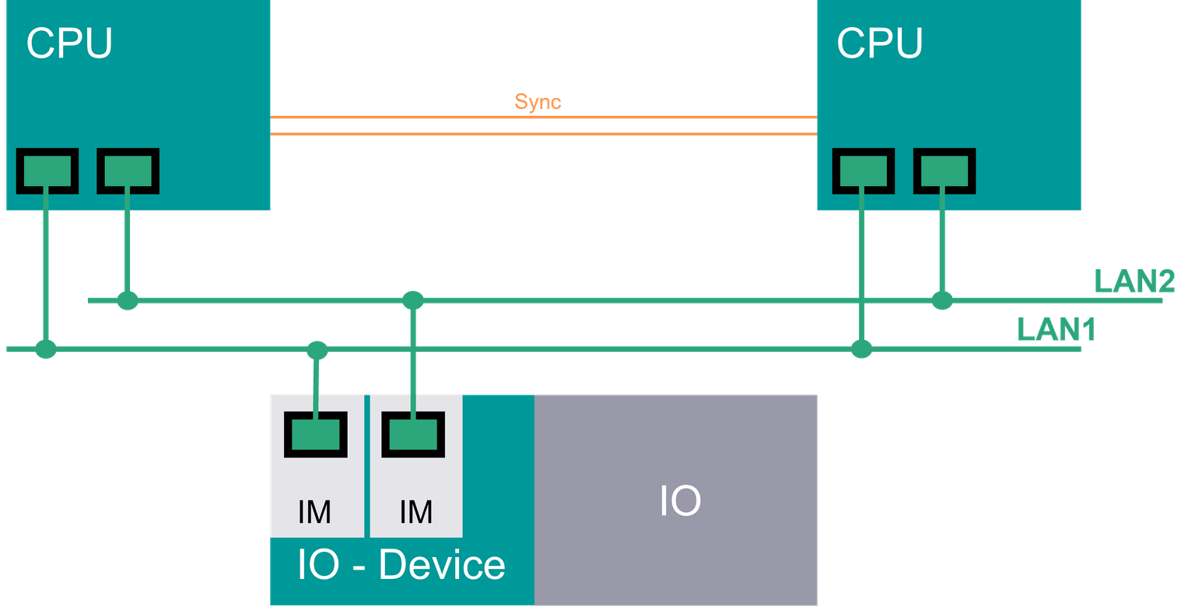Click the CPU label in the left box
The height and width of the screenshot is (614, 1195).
(69, 43)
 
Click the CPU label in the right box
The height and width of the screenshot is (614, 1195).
(879, 43)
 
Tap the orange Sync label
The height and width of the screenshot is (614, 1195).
(538, 102)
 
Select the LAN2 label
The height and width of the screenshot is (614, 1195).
(1134, 282)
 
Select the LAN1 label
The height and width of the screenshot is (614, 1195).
(1056, 330)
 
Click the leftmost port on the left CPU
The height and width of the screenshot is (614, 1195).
(47, 170)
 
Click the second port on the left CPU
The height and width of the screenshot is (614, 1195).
(128, 170)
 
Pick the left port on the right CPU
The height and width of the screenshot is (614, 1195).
(863, 170)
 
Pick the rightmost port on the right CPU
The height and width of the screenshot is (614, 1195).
(944, 170)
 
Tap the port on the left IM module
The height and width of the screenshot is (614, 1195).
(315, 433)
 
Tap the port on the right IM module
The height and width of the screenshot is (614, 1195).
(413, 433)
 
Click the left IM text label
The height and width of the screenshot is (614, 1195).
(315, 511)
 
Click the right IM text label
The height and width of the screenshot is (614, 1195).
(415, 511)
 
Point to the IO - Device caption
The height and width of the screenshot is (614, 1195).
(401, 565)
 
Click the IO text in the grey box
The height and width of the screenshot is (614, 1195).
(680, 500)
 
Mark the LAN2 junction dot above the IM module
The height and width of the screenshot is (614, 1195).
(412, 300)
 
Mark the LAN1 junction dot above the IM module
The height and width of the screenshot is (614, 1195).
(316, 349)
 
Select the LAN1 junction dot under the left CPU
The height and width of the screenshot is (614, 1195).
(46, 349)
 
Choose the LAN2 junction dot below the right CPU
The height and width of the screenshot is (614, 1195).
(942, 300)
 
